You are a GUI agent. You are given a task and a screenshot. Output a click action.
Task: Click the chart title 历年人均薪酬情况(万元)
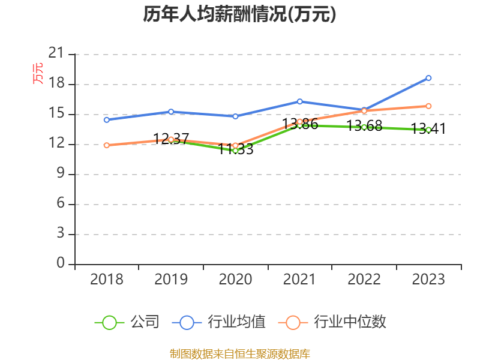click(239, 14)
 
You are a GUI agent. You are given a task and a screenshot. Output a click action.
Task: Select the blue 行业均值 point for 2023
click(428, 78)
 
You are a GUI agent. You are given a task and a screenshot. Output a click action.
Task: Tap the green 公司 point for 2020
click(235, 150)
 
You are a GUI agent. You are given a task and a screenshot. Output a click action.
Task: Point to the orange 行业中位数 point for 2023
click(428, 106)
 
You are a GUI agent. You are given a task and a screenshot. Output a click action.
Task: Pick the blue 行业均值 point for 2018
click(106, 120)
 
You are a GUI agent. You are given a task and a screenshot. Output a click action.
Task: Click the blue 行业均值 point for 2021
click(299, 101)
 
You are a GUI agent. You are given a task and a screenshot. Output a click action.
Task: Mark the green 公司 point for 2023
click(428, 130)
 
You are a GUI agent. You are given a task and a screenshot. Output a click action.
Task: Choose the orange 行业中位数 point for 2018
click(106, 145)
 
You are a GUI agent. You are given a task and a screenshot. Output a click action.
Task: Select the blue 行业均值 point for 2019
click(171, 112)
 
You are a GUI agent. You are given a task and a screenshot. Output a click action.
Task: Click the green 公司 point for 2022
click(364, 127)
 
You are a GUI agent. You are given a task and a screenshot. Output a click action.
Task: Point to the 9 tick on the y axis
click(60, 174)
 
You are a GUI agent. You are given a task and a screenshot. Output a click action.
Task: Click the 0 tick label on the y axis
click(60, 264)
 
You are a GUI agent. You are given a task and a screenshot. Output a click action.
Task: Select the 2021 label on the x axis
click(299, 280)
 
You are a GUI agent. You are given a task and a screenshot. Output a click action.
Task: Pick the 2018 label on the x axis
click(106, 280)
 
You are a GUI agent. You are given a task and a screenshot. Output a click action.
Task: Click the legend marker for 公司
click(109, 322)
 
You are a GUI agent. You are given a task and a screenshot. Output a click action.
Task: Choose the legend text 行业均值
click(236, 322)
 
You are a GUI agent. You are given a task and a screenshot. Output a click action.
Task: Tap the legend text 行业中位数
click(350, 322)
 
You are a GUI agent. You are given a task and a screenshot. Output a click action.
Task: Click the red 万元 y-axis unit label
click(38, 73)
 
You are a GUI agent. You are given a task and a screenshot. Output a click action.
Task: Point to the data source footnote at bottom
click(239, 353)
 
